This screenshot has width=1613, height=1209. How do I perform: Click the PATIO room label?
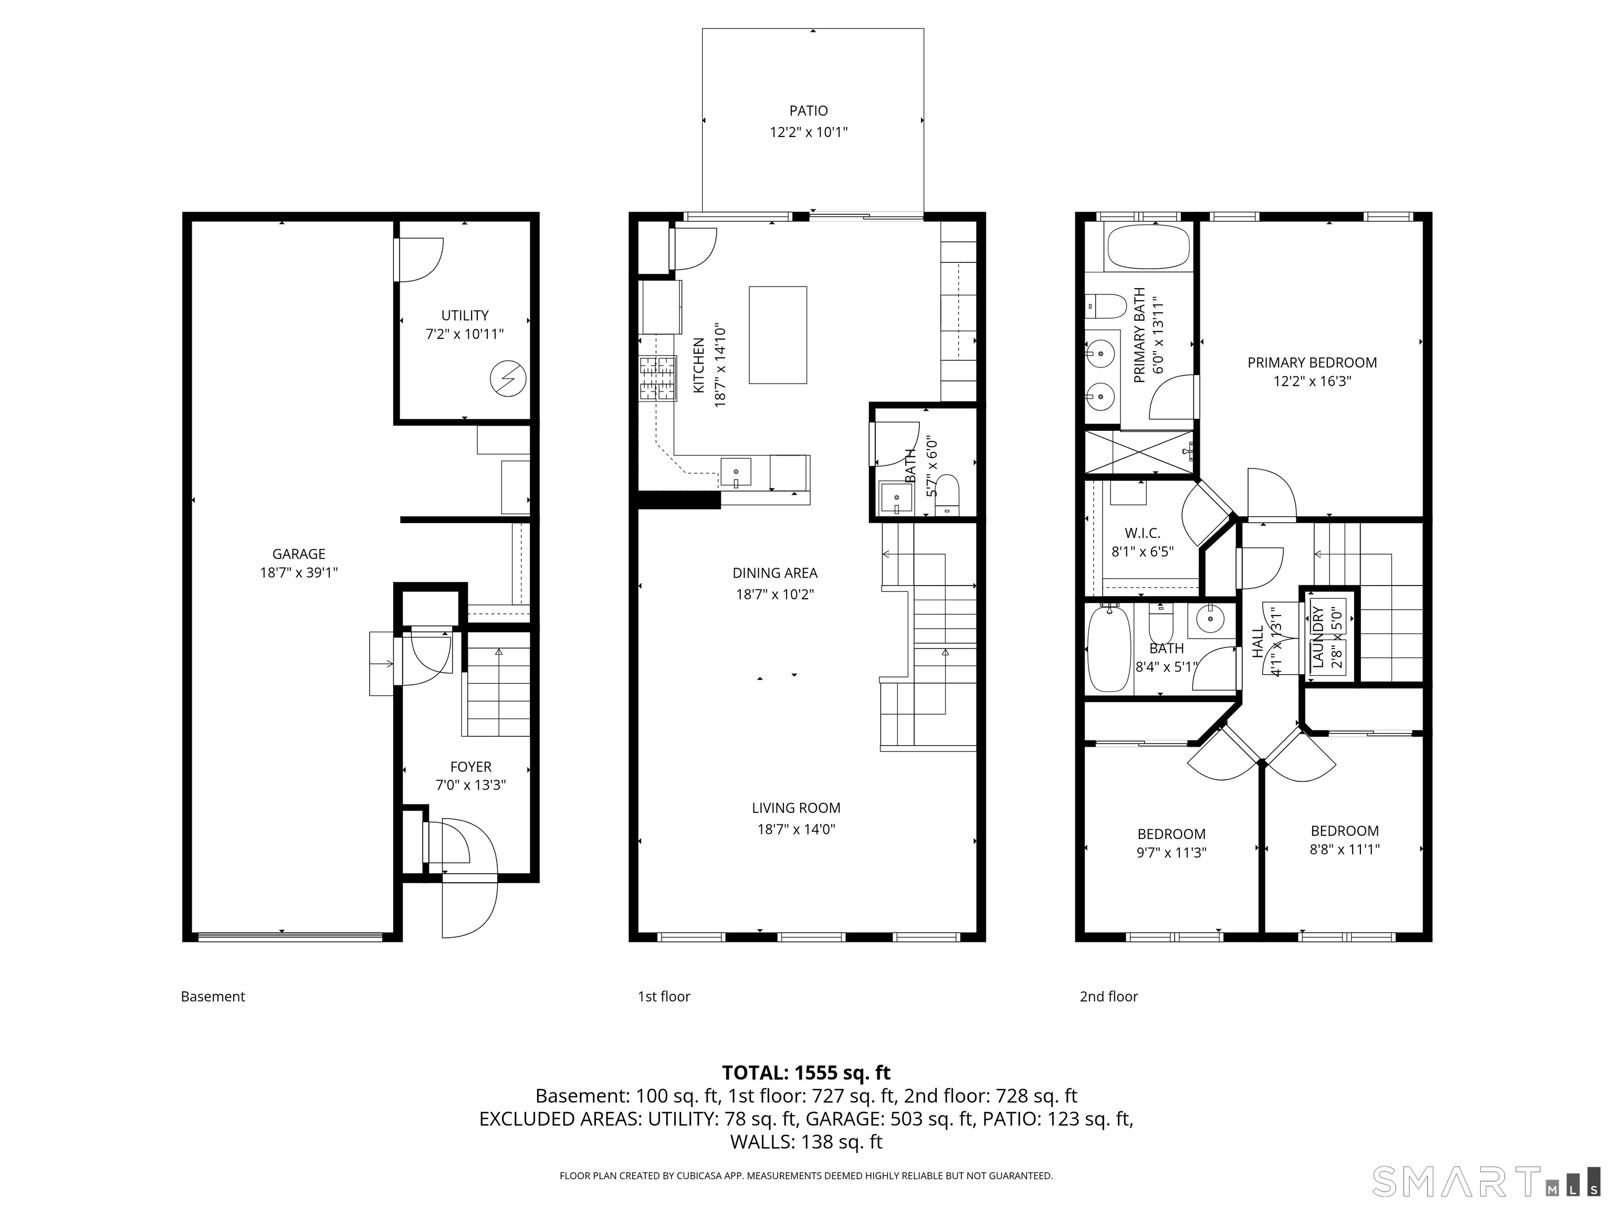809,111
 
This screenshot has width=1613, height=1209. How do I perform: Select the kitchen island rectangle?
778,334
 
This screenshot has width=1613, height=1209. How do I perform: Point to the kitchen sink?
736,473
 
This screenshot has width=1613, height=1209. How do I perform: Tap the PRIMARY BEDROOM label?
1312,362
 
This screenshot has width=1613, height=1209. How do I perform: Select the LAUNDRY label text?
1318,636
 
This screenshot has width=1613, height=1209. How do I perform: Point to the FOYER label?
470,767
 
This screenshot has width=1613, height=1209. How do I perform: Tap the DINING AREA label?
775,573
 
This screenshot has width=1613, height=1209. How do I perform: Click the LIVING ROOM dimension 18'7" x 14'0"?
797,829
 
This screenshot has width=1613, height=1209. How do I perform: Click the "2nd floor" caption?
1108,996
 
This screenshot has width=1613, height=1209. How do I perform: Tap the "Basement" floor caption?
213,996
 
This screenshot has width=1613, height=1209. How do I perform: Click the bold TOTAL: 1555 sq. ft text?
806,1073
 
